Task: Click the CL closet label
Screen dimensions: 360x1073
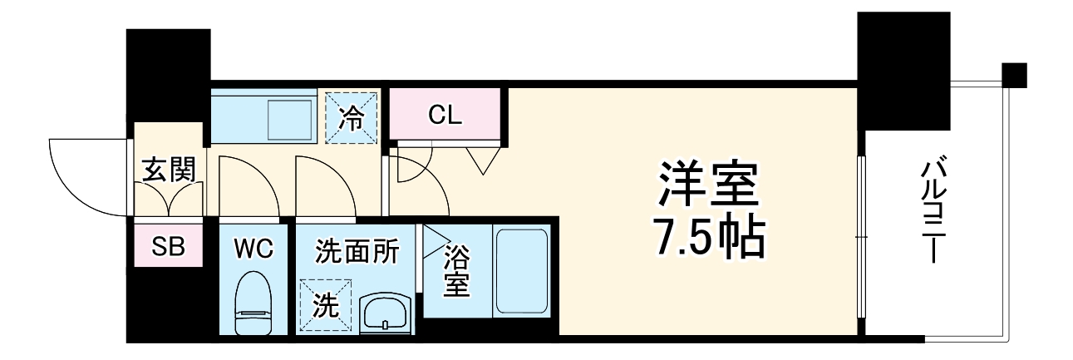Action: click(445, 115)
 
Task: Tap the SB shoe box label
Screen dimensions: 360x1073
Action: click(169, 246)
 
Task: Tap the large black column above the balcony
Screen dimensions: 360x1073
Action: click(903, 70)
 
